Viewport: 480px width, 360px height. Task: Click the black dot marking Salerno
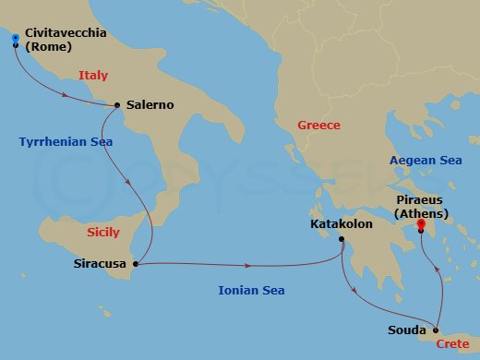pyautogui.click(x=116, y=104)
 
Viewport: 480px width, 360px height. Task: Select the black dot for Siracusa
pyautogui.click(x=136, y=264)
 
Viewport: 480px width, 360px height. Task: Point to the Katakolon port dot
pyautogui.click(x=342, y=241)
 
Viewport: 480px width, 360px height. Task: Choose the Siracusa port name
pyautogui.click(x=101, y=264)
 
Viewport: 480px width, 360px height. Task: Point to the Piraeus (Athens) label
pyautogui.click(x=421, y=206)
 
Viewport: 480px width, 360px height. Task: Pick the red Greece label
pyautogui.click(x=318, y=125)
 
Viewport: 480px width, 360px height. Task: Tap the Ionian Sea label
pyautogui.click(x=251, y=291)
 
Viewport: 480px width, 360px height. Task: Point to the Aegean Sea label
pyautogui.click(x=426, y=160)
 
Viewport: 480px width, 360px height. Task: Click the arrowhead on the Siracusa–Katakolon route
pyautogui.click(x=248, y=266)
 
